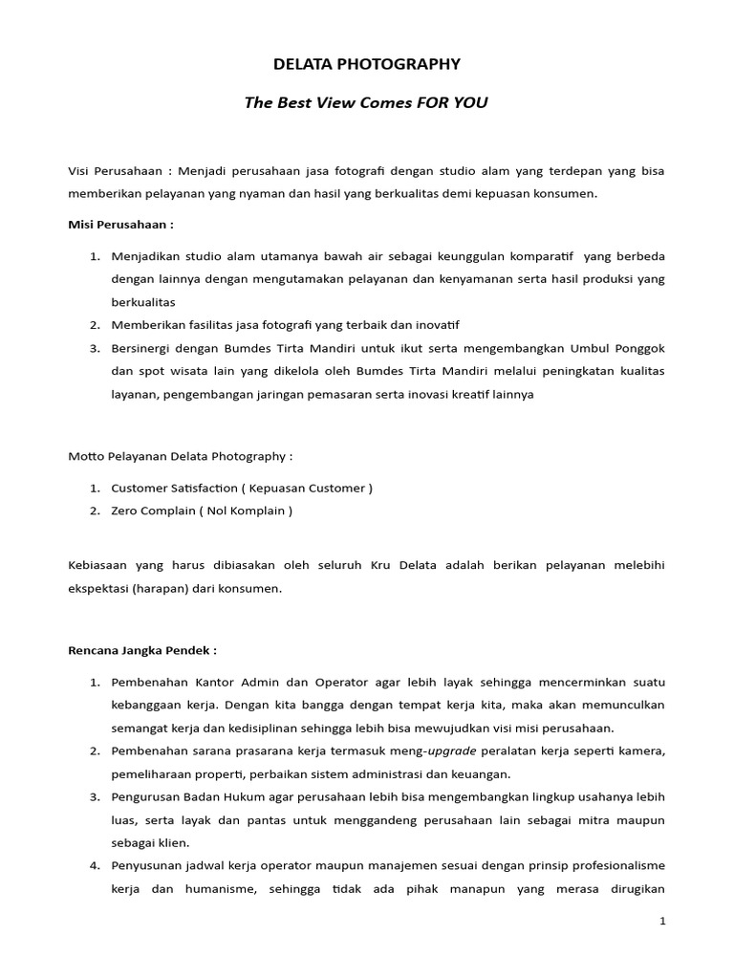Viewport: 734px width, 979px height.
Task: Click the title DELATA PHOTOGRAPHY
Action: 367,64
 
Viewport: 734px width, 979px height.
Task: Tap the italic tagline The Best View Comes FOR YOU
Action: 367,102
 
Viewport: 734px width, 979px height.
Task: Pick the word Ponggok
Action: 637,348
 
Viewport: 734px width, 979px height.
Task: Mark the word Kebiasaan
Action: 97,566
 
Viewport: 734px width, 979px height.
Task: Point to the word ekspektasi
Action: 100,589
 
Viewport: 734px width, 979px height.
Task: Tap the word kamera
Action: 642,751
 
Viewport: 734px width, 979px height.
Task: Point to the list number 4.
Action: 95,865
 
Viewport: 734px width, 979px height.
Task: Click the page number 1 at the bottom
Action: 661,921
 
